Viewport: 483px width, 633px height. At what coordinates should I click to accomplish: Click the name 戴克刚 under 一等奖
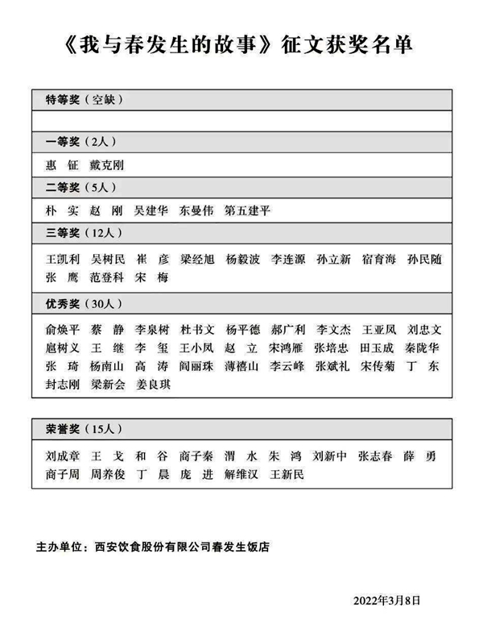(106, 165)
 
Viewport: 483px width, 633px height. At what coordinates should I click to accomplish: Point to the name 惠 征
(63, 165)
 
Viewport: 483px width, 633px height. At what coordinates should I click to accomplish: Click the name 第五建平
(248, 211)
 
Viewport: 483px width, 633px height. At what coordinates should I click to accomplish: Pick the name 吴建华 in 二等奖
(151, 211)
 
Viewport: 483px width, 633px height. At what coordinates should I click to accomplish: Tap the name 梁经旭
(197, 260)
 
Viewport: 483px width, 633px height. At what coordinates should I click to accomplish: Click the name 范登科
(106, 278)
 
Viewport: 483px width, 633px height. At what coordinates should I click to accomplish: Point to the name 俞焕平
(63, 330)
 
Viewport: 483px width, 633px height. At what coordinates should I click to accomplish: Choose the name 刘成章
(63, 456)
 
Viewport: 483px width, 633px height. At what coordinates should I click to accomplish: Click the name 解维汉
(242, 475)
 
